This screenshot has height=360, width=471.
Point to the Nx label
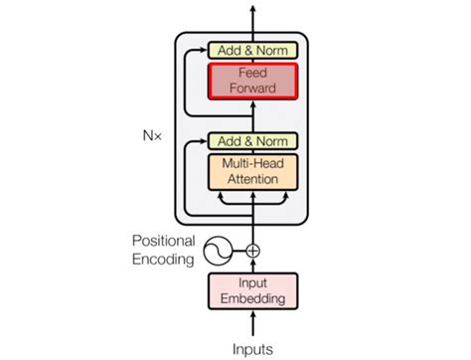point(152,129)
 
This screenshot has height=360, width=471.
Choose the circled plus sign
point(252,251)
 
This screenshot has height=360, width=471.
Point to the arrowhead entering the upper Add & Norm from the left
point(204,50)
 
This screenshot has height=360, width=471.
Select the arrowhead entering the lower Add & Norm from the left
point(204,142)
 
